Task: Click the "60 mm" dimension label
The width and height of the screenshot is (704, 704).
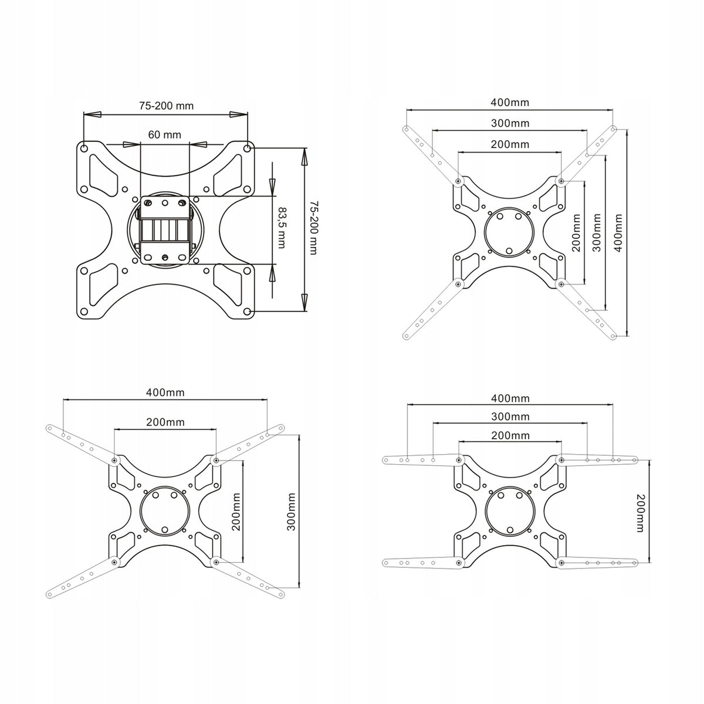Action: point(164,135)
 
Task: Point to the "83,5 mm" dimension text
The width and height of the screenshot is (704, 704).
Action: point(282,228)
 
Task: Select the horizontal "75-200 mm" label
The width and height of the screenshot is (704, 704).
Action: point(166,106)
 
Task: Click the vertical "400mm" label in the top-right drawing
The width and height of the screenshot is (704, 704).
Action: point(618,233)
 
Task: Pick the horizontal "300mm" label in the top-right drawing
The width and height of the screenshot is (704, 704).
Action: point(510,123)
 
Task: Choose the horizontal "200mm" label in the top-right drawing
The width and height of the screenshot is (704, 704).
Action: point(510,144)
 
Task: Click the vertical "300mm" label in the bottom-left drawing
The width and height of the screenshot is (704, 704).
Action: point(291,512)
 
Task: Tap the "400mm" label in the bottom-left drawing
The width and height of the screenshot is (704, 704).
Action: point(165,392)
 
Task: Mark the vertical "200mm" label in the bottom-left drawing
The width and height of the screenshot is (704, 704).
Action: point(236,512)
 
